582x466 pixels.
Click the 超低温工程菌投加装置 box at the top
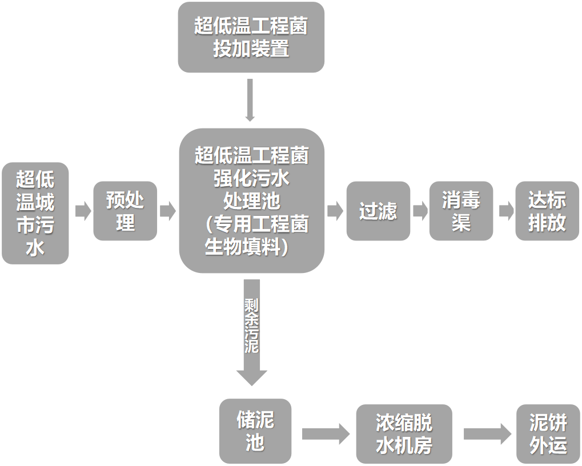coord(251,38)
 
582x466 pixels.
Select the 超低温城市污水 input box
coord(35,213)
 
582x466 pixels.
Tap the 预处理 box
coord(125,211)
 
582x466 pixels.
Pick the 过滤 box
coord(378,211)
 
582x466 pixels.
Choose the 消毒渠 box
coord(461,211)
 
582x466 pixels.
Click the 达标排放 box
coord(547,211)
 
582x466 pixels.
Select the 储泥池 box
coord(255,431)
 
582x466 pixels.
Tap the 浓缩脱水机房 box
coord(404,433)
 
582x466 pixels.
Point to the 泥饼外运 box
coord(548,433)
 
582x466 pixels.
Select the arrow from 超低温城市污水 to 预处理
coord(82,211)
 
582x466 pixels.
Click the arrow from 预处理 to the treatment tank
coord(167,211)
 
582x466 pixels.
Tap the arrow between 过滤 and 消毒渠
coord(420,211)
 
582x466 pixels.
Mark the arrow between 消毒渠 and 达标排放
coord(505,211)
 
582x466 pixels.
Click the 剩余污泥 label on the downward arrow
coord(251,324)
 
